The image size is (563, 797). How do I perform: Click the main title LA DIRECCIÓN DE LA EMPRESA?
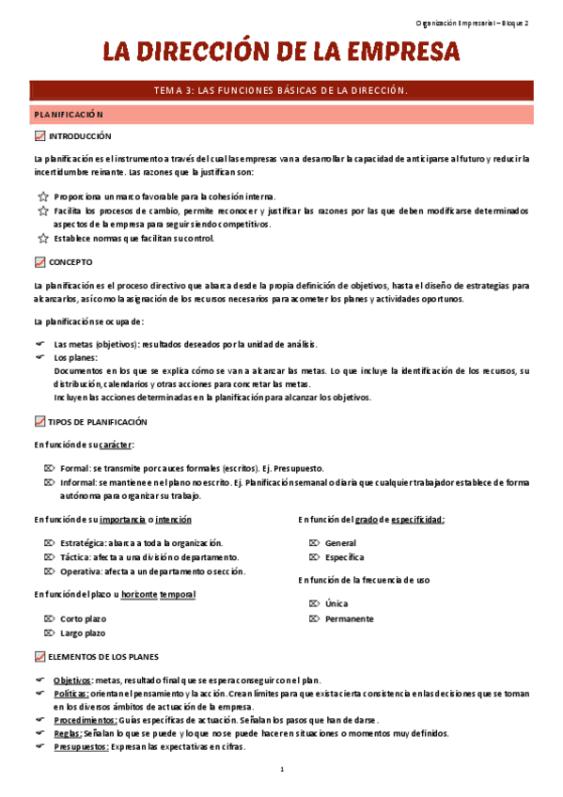pyautogui.click(x=280, y=53)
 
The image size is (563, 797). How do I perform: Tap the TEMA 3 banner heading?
pyautogui.click(x=281, y=90)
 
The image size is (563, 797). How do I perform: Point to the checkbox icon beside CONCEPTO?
pyautogui.click(x=39, y=262)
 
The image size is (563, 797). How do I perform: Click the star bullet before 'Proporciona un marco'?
pyautogui.click(x=40, y=196)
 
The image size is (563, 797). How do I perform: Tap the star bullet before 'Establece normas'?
pyautogui.click(x=40, y=239)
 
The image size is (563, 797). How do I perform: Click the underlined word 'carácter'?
pyautogui.click(x=115, y=444)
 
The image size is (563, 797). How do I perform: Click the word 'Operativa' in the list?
pyautogui.click(x=79, y=571)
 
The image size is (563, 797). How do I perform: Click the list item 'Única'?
pyautogui.click(x=336, y=604)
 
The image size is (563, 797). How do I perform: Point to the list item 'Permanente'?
pyautogui.click(x=349, y=619)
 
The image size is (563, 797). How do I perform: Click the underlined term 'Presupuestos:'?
pyautogui.click(x=82, y=747)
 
